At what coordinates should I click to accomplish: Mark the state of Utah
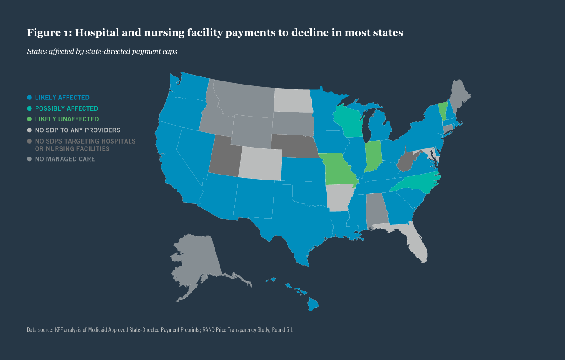tap(225, 155)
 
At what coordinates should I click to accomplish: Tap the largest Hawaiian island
tap(313, 305)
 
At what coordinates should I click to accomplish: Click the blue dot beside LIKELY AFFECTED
tap(30, 98)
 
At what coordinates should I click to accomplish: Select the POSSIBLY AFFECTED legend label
tap(66, 108)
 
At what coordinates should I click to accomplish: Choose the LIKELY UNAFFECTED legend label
tap(67, 119)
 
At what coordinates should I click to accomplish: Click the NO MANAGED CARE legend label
tap(65, 159)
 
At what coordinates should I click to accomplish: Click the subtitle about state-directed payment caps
tap(102, 51)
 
